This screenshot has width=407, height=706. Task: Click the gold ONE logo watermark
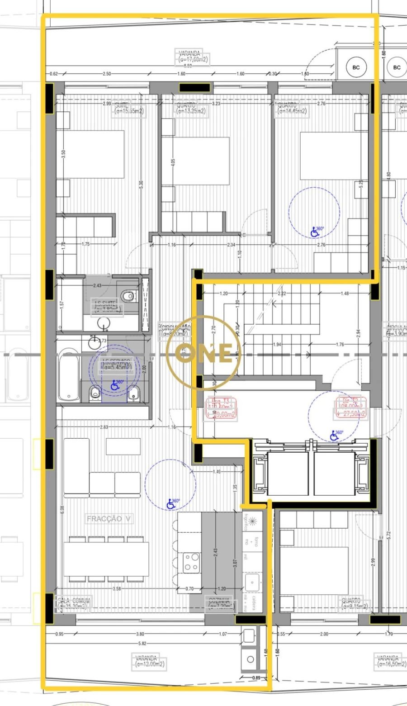[203, 353]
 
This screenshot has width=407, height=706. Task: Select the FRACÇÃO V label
[109, 519]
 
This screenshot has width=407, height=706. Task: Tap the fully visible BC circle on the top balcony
[356, 67]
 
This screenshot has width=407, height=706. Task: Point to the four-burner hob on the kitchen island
[191, 563]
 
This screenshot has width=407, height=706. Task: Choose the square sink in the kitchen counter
[252, 583]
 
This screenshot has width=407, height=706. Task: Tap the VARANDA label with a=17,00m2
[193, 57]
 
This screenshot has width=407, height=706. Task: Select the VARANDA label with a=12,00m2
[149, 661]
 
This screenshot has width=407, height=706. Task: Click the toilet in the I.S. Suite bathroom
[128, 296]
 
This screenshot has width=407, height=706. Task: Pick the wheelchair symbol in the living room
[172, 503]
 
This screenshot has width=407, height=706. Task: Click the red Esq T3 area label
[222, 407]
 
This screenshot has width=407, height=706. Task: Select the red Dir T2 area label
[351, 407]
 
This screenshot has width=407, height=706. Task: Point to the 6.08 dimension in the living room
[62, 509]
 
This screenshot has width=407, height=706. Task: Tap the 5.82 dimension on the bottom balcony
[142, 643]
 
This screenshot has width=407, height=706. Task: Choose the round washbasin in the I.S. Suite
[104, 322]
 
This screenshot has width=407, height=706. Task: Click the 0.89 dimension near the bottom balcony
[256, 678]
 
